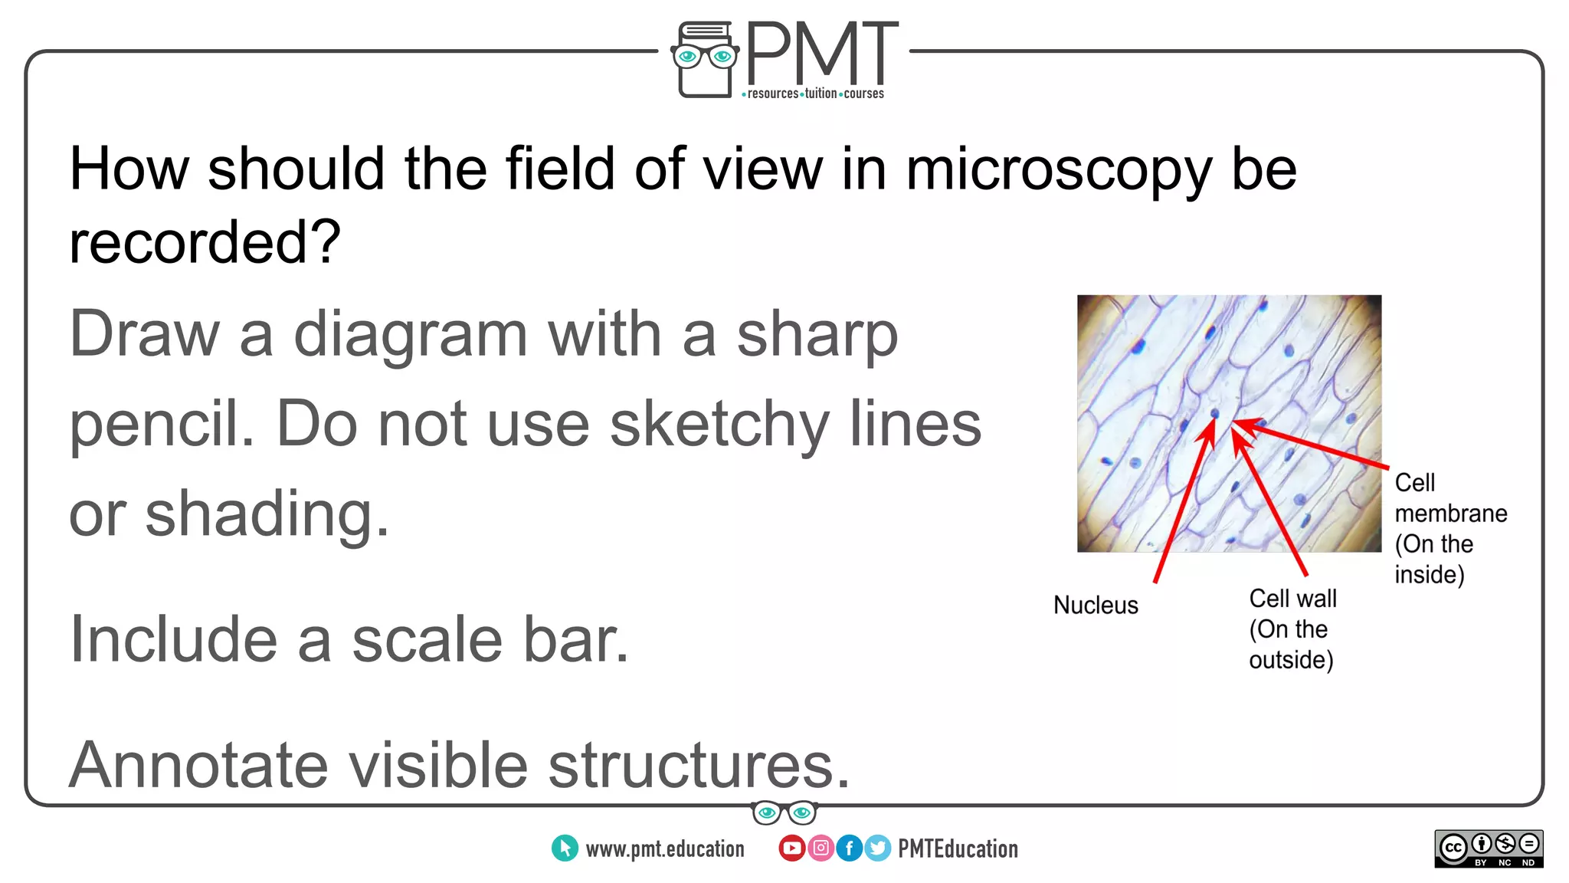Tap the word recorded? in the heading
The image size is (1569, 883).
[x=205, y=242]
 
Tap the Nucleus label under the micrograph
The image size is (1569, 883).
[x=1096, y=605]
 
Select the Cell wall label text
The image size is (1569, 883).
[x=1292, y=599]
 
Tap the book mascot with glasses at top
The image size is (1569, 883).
[x=705, y=60]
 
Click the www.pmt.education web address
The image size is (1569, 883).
[x=664, y=849]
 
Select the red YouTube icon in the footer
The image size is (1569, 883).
[x=791, y=848]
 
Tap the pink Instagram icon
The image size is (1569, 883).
[x=821, y=848]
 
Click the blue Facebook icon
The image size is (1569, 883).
[x=849, y=848]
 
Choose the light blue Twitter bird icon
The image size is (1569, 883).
[x=878, y=848]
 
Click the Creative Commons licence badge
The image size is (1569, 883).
[x=1489, y=849]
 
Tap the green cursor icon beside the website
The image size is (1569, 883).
[x=565, y=848]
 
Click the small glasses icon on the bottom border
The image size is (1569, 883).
[x=784, y=812]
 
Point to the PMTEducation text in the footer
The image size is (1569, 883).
[x=958, y=849]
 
